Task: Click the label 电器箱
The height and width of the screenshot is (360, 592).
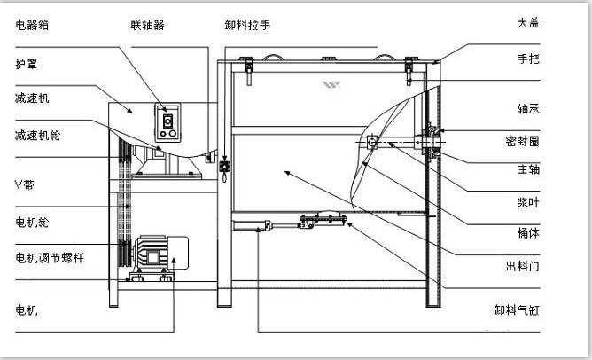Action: click(32, 24)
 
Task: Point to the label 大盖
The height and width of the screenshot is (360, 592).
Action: click(528, 21)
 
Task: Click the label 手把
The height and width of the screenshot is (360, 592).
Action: click(528, 59)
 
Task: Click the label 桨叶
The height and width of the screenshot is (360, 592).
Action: click(528, 201)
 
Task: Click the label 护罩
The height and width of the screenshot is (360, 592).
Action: click(26, 65)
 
